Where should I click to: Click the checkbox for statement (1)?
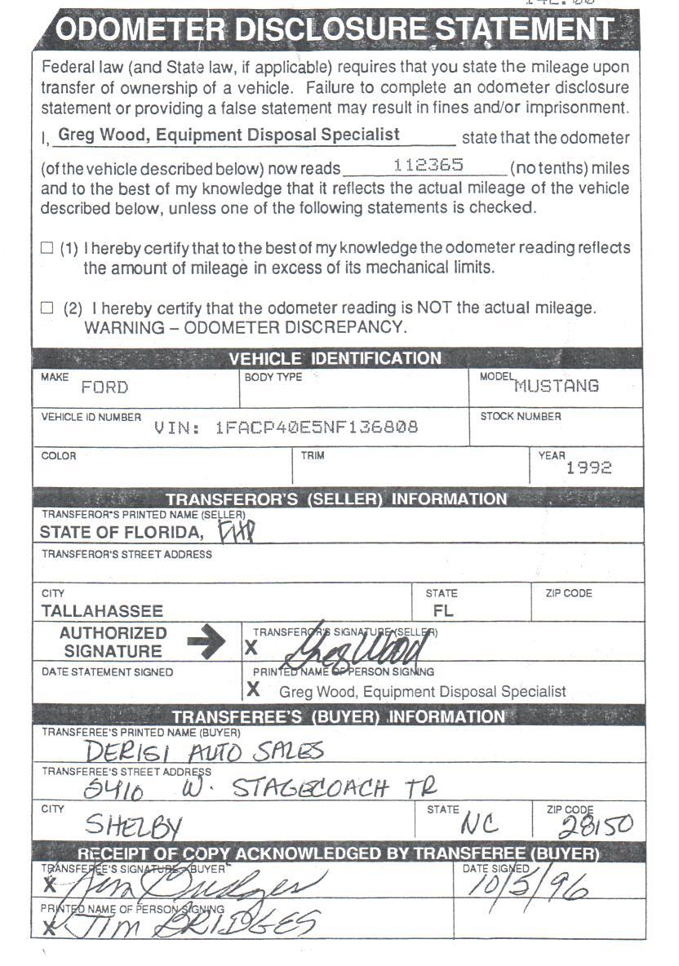coord(47,247)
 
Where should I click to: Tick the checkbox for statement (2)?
coord(47,308)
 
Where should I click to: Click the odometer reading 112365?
coord(428,165)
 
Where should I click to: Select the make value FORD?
coord(104,388)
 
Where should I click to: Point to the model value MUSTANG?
coord(557,386)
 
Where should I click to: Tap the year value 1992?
coord(588,467)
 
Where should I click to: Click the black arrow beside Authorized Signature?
coord(206,641)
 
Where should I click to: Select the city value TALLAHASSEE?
coord(102,610)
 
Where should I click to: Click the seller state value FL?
coord(444,610)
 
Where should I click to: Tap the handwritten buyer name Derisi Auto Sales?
coord(204,751)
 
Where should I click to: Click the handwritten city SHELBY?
coord(134,826)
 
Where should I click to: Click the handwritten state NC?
coord(484,824)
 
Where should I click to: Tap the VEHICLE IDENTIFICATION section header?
coord(335,358)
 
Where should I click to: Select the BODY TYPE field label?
coord(273,377)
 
